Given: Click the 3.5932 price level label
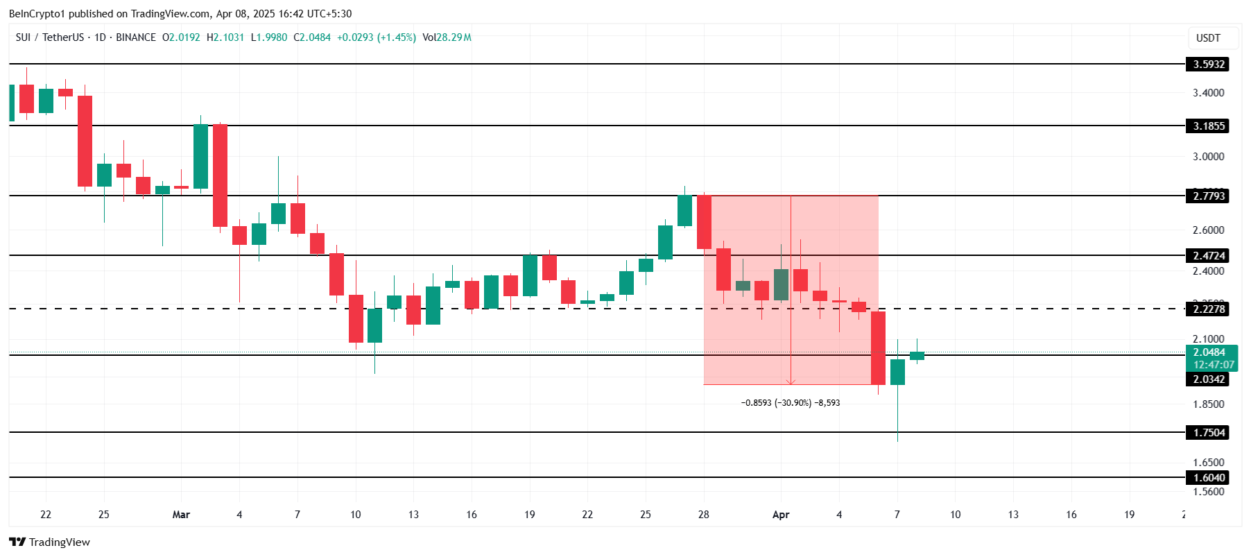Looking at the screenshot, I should (1208, 65).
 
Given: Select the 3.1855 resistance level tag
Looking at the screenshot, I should (1208, 126).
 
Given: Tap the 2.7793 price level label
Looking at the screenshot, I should (1208, 196).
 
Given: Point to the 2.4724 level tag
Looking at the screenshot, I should (1208, 256).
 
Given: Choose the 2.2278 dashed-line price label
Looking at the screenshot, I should (1208, 309).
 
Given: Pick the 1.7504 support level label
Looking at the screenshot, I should (1208, 433).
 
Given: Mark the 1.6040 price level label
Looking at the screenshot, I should (1208, 478).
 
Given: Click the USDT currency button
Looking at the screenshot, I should (1208, 38).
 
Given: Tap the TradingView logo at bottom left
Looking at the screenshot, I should (50, 542).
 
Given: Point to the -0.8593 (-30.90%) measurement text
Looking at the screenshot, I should (790, 403).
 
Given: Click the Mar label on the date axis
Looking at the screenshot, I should (181, 515).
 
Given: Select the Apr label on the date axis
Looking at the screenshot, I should (781, 515).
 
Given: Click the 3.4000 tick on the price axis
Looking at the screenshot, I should (1208, 93).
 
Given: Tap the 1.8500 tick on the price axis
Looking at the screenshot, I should (1208, 404).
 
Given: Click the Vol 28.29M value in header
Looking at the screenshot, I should (454, 37).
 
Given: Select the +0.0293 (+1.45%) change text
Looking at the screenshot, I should (376, 37).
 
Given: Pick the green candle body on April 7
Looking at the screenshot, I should (897, 372).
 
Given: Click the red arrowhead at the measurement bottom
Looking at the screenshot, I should (791, 382).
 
